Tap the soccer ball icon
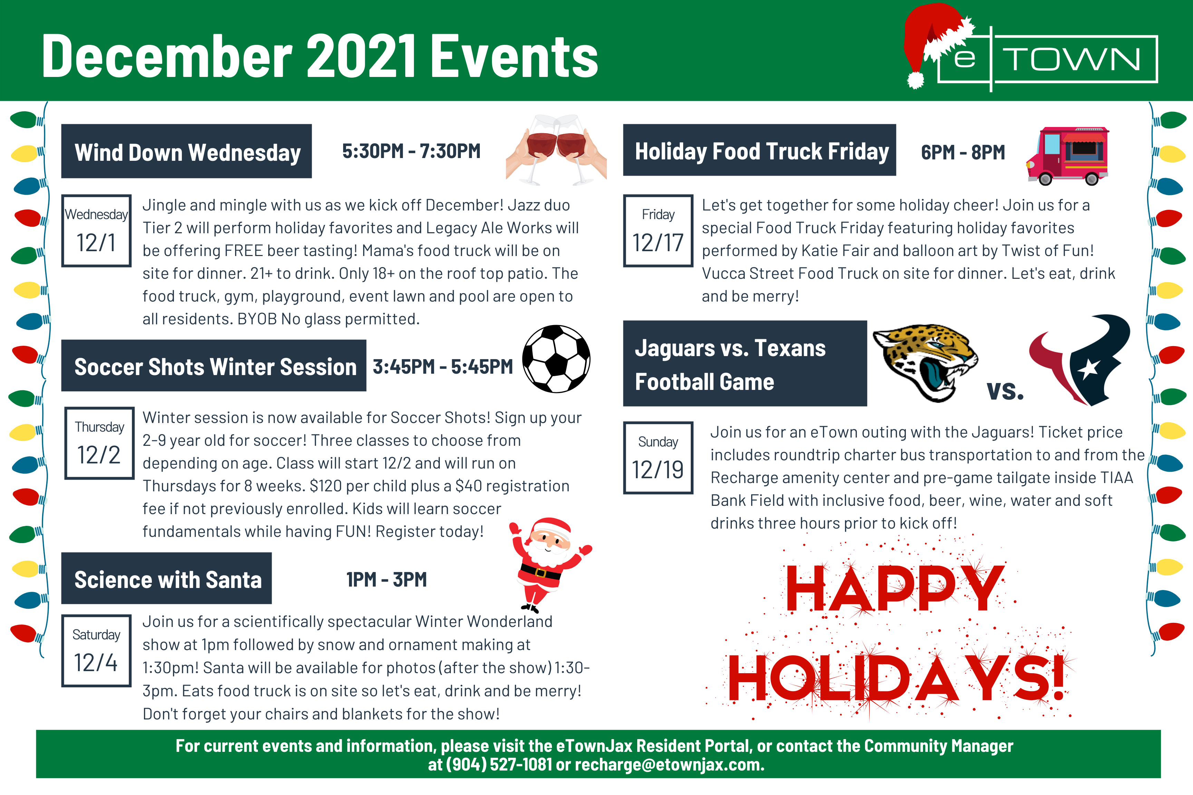pyautogui.click(x=556, y=359)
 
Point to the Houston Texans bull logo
pyautogui.click(x=1080, y=360)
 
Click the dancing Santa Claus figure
pyautogui.click(x=549, y=564)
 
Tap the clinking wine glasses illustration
pyautogui.click(x=556, y=149)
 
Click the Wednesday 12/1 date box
pyautogui.click(x=96, y=231)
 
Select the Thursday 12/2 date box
pyautogui.click(x=99, y=443)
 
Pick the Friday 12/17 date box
pyautogui.click(x=658, y=231)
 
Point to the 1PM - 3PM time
pyautogui.click(x=387, y=580)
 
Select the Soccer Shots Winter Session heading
pyautogui.click(x=215, y=366)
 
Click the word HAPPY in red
pyautogui.click(x=895, y=588)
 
